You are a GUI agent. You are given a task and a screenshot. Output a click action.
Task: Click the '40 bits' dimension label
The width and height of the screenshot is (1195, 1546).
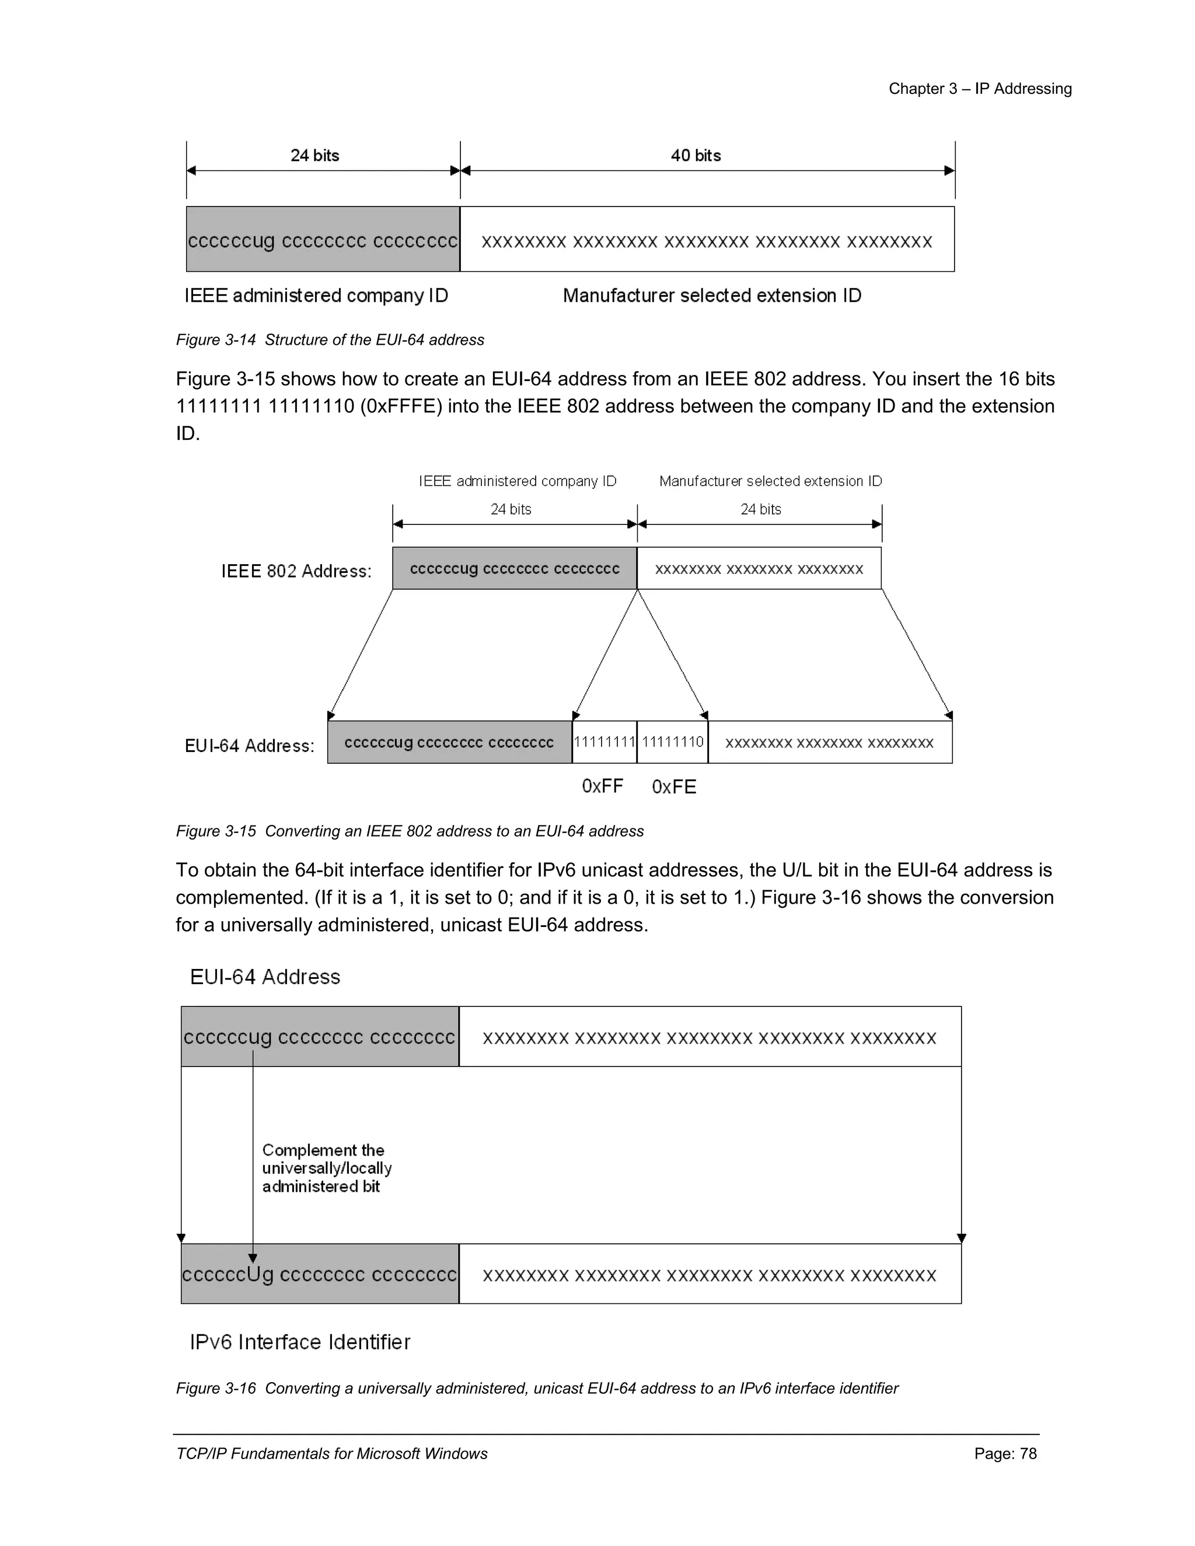[695, 156]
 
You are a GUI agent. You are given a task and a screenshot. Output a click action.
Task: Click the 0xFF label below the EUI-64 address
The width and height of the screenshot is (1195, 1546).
[602, 786]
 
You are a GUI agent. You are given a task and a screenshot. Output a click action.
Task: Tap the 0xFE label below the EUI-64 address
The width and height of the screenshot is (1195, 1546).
[674, 787]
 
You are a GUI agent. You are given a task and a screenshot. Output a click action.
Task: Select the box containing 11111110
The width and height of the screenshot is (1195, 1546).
[673, 742]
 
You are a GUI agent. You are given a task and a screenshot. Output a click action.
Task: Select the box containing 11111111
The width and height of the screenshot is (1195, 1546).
[604, 742]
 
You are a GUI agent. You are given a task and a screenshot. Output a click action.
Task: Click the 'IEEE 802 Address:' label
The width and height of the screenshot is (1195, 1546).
[296, 571]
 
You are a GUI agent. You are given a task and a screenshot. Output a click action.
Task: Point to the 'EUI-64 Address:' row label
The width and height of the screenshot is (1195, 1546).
[249, 746]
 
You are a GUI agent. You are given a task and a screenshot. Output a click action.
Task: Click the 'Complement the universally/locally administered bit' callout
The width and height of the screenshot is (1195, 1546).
[326, 1169]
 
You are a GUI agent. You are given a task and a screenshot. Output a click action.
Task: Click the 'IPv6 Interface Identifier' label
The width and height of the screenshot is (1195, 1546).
[299, 1342]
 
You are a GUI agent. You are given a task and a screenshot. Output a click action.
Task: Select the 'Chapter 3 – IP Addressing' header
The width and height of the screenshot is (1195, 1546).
[980, 89]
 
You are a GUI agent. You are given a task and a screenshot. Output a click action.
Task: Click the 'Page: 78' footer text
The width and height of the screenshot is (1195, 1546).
[1005, 1454]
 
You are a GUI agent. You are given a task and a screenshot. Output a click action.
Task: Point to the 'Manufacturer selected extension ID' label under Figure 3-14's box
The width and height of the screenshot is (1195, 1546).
[711, 296]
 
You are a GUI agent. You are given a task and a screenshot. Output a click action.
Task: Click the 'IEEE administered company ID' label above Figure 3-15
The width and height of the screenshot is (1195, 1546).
[518, 481]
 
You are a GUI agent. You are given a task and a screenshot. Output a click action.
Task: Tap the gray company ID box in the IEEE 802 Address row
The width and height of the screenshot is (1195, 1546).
[515, 568]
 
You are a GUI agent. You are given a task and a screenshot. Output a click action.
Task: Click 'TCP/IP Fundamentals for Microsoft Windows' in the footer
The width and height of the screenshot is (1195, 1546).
[331, 1454]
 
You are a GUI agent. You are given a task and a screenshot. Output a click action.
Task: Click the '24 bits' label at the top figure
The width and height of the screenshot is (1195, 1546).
[315, 156]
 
